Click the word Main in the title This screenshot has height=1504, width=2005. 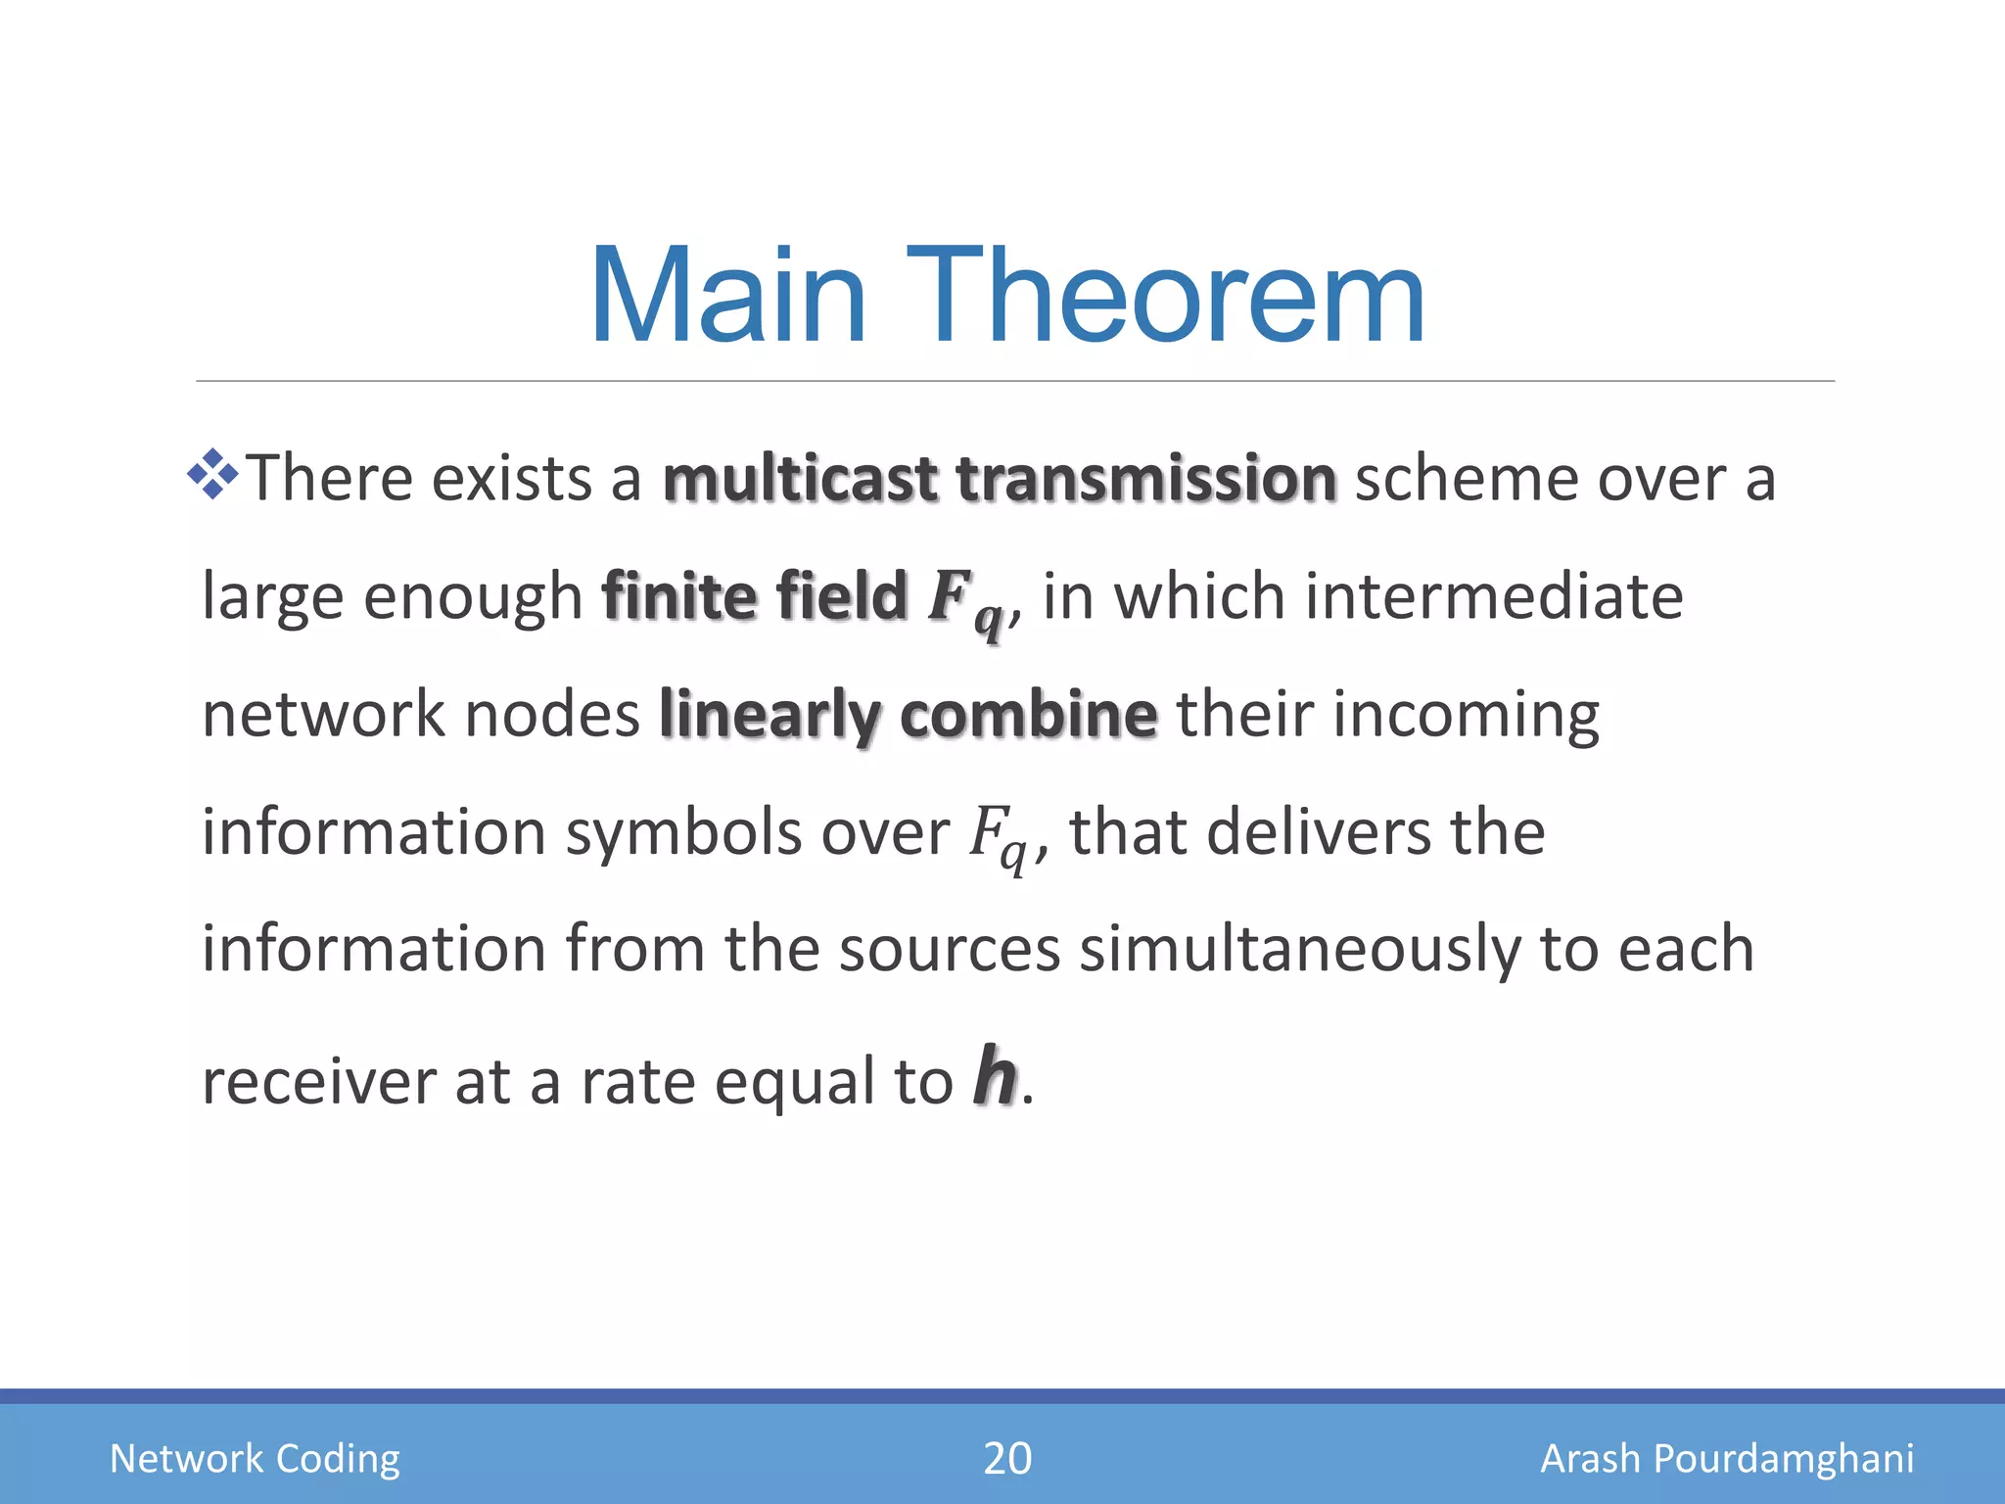pyautogui.click(x=728, y=297)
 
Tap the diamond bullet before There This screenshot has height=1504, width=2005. pyautogui.click(x=212, y=475)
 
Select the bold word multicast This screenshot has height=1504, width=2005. pyautogui.click(x=800, y=479)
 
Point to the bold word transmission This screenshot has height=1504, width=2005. pyautogui.click(x=1145, y=479)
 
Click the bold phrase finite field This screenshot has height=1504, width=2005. pyautogui.click(x=755, y=596)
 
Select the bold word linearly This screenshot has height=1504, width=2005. pyautogui.click(x=769, y=716)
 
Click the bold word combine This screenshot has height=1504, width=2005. pyautogui.click(x=1028, y=714)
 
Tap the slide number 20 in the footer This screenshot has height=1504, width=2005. pyautogui.click(x=1006, y=1458)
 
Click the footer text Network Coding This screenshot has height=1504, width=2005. pyautogui.click(x=255, y=1458)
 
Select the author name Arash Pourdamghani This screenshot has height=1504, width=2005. pyautogui.click(x=1727, y=1458)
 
